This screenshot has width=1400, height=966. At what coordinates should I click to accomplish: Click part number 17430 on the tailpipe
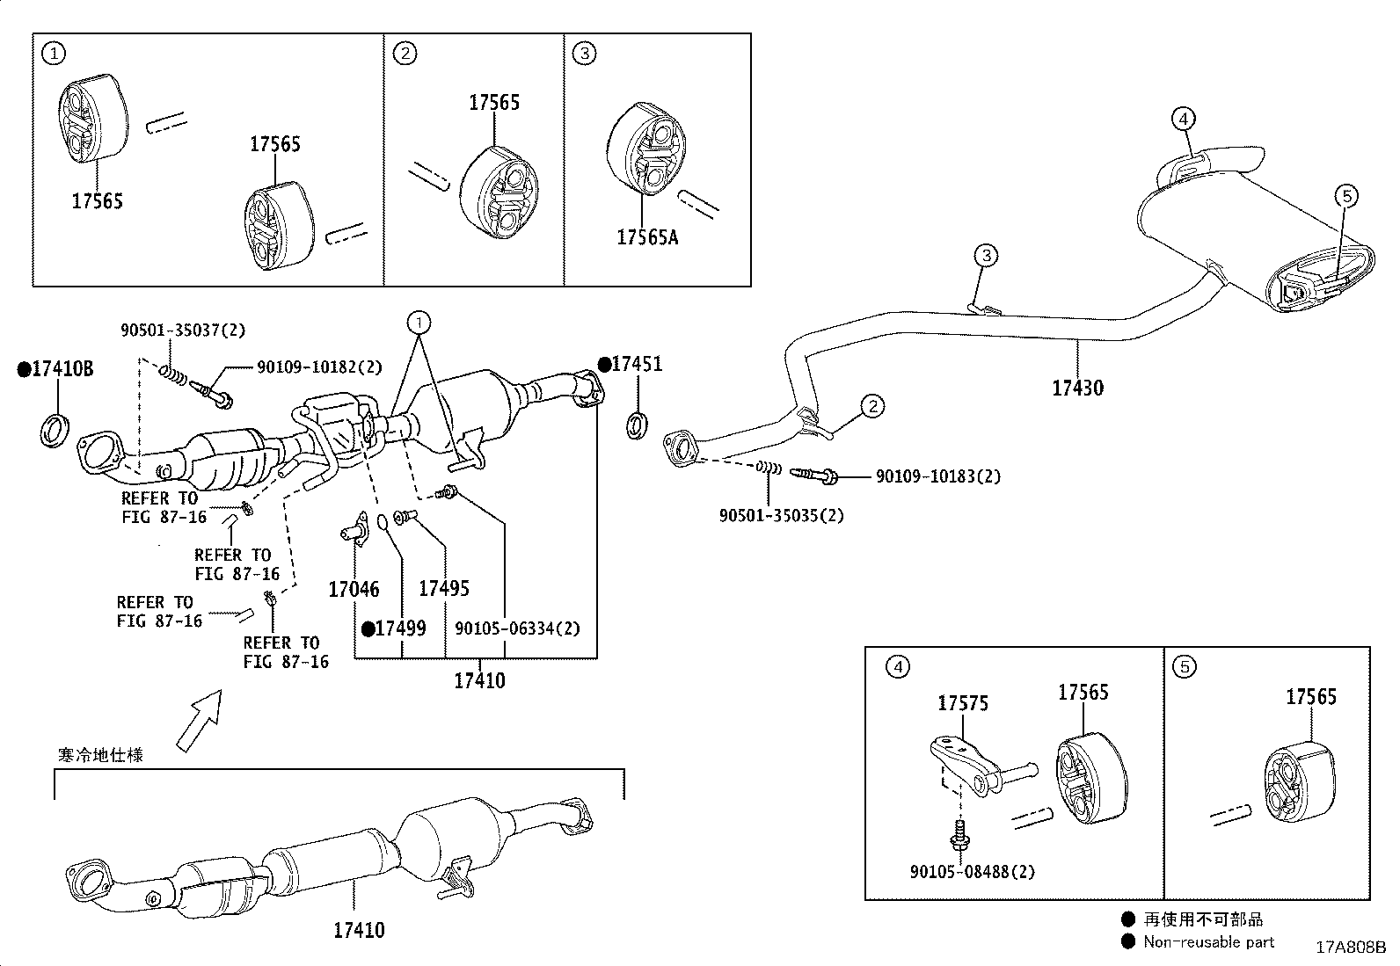(x=1077, y=388)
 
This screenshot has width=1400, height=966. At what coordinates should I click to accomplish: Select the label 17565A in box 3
(x=647, y=237)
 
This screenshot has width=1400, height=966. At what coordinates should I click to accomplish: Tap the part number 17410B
(x=62, y=369)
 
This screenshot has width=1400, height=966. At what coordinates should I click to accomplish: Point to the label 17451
(x=636, y=364)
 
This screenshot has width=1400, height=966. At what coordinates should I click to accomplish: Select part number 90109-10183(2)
(x=937, y=476)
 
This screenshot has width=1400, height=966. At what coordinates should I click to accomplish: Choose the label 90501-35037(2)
(x=183, y=330)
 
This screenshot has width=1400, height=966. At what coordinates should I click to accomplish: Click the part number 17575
(x=962, y=703)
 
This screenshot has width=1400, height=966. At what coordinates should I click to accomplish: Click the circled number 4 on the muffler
(x=1183, y=118)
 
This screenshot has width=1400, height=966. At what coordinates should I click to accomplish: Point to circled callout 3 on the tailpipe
(x=987, y=256)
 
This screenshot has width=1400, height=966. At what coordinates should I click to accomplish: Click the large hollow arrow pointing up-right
(x=199, y=719)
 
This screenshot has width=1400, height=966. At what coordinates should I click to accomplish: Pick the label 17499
(x=400, y=628)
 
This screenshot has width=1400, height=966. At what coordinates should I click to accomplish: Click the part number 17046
(x=354, y=590)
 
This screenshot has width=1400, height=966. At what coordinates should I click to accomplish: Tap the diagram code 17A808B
(x=1350, y=948)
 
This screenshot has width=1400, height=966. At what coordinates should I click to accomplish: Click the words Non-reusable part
(x=1208, y=941)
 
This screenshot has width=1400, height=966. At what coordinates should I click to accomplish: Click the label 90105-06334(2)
(x=517, y=628)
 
